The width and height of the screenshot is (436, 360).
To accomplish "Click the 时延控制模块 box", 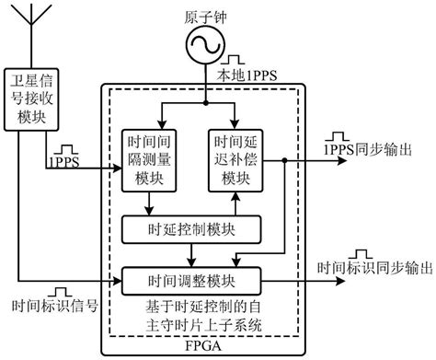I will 191,226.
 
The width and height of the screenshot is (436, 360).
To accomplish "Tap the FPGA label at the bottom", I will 191,349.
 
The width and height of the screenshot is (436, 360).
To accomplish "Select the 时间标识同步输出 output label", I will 374,269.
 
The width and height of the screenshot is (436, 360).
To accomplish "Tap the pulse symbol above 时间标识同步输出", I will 360,250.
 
